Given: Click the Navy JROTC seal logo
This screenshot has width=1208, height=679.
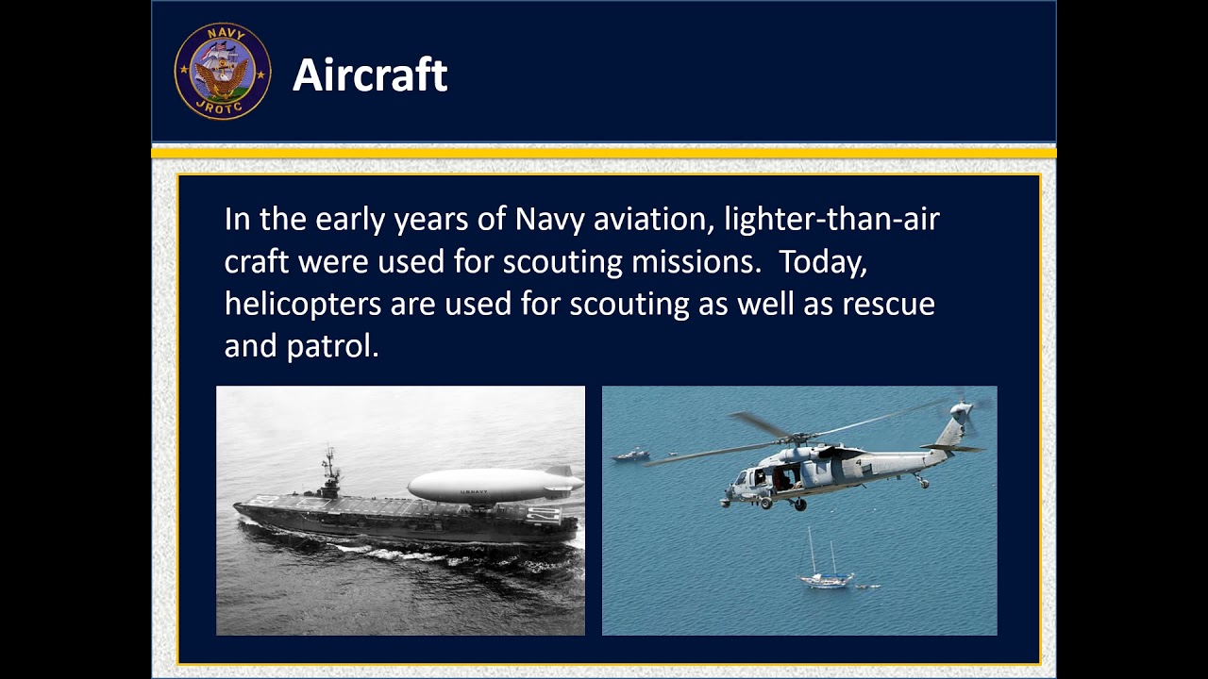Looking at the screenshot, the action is tap(222, 71).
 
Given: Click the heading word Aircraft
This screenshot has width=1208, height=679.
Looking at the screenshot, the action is tap(370, 75).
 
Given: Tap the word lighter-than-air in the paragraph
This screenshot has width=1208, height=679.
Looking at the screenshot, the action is tap(831, 220).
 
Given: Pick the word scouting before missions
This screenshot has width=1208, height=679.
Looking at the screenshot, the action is tap(562, 262).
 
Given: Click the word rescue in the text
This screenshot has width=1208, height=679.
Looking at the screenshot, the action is tap(888, 305).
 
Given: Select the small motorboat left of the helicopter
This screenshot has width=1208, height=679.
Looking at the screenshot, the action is tap(630, 455).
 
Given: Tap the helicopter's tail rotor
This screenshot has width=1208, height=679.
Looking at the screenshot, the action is tap(963, 412).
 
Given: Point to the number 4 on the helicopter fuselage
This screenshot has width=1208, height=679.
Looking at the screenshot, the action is tap(858, 462).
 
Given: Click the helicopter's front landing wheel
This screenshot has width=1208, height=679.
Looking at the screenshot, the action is tap(765, 504).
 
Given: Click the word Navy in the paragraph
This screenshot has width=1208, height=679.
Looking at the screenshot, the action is tap(549, 220).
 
